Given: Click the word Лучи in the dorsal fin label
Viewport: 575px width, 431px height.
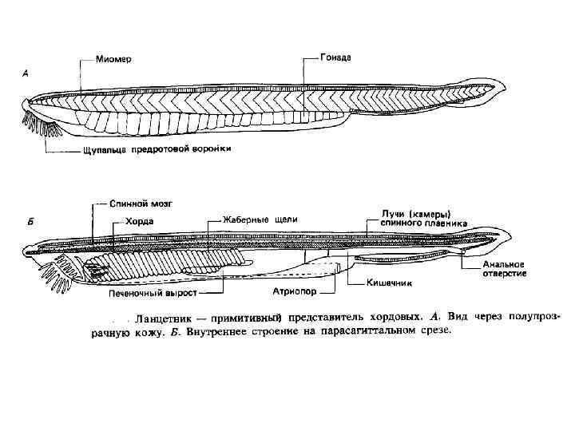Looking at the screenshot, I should pos(392,213).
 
